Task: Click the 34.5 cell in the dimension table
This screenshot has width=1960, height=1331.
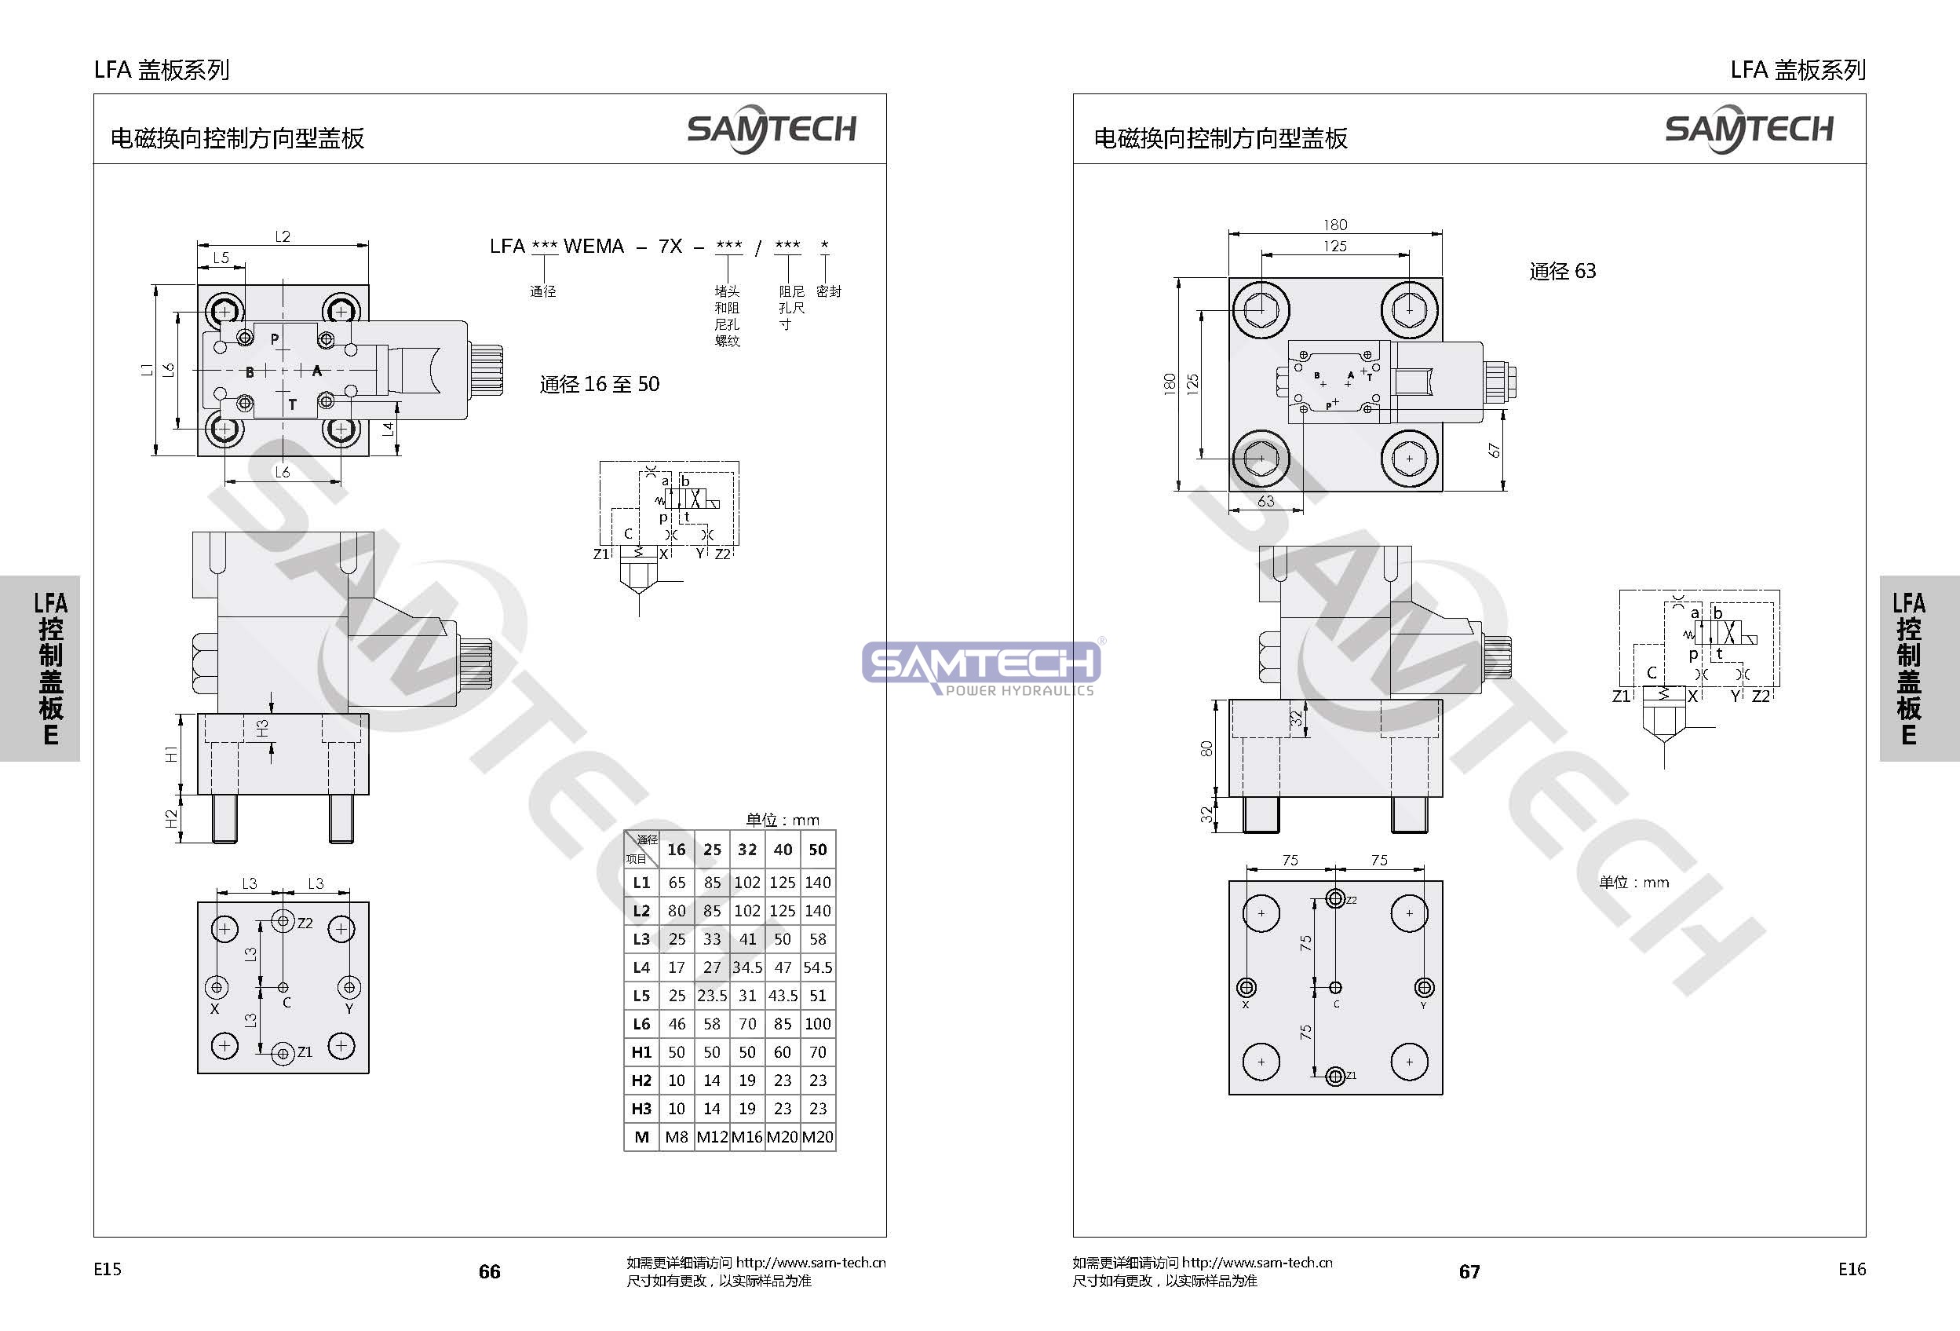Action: [x=747, y=967]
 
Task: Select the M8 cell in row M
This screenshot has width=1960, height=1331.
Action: [x=677, y=1137]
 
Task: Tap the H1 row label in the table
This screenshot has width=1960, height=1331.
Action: [x=642, y=1051]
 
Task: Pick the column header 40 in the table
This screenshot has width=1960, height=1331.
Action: [x=783, y=850]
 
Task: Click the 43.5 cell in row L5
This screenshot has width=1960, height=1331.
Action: [x=783, y=995]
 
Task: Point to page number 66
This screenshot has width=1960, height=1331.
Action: [x=489, y=1271]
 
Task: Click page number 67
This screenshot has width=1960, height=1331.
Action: [x=1469, y=1271]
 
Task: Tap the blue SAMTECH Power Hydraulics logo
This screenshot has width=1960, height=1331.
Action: [x=982, y=667]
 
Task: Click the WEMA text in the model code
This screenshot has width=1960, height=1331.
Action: [x=593, y=247]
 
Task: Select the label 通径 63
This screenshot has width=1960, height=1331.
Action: [x=1563, y=271]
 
